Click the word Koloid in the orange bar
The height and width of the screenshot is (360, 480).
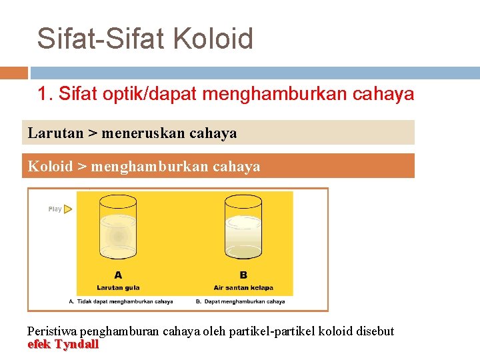coord(50,166)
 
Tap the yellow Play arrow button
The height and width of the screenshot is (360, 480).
coord(68,209)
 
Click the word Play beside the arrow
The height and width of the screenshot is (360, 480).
coord(55,209)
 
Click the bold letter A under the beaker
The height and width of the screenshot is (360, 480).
coord(118,274)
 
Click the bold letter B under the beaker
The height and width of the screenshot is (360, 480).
coord(243,274)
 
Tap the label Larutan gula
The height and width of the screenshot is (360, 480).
coord(118,287)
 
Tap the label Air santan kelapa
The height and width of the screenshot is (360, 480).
coord(243,287)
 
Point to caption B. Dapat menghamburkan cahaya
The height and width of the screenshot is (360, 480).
coord(240,301)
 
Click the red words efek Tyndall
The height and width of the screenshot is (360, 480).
coord(63,345)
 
